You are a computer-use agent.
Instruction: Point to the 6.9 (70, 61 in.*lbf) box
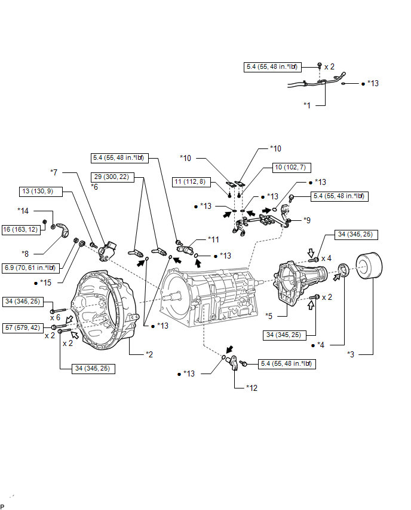(30, 268)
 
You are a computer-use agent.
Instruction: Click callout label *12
(251, 388)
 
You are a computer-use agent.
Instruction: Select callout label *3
(351, 354)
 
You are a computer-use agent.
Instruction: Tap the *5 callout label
(269, 316)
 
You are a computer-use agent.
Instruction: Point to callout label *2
(149, 354)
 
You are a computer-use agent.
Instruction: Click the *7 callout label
(54, 172)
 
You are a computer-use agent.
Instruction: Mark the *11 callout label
(213, 239)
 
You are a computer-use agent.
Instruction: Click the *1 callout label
(307, 105)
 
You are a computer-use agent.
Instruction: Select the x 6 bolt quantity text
(55, 317)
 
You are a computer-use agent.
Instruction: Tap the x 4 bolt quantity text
(326, 259)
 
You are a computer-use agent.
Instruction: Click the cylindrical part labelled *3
(369, 266)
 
